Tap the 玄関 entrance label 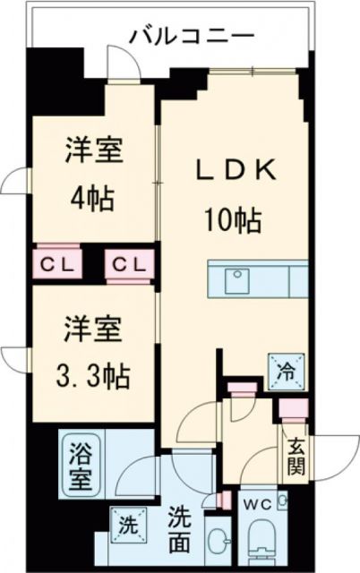[x=296, y=457]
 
